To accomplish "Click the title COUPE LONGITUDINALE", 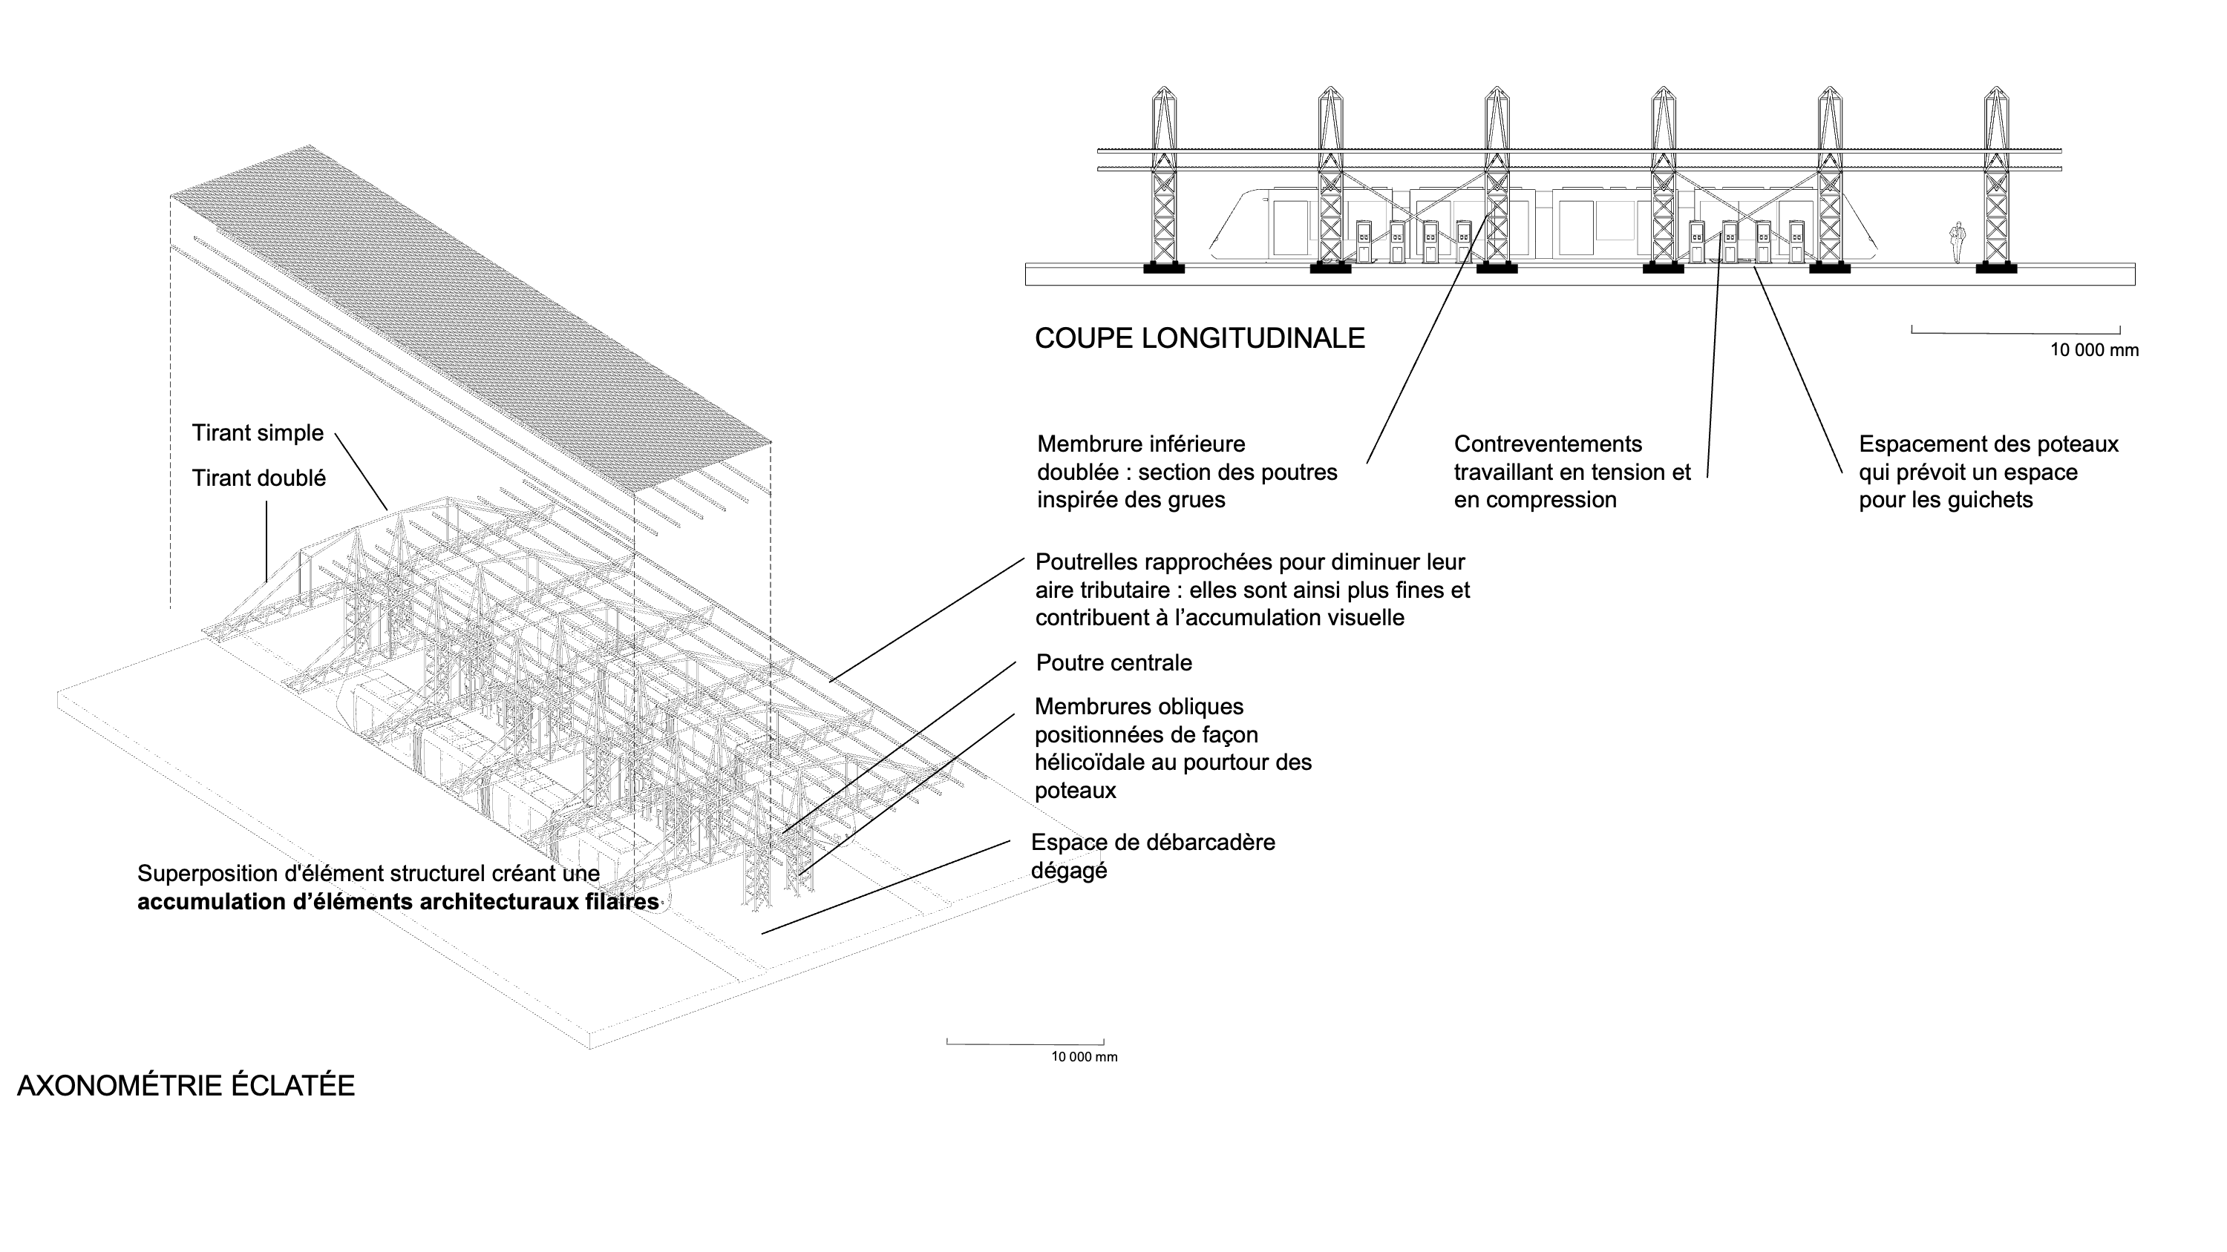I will [x=1199, y=337].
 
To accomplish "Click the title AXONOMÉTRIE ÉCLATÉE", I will [x=186, y=1086].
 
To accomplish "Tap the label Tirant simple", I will [x=258, y=433].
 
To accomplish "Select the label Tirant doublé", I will [x=258, y=478].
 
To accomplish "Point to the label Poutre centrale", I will [x=1113, y=663].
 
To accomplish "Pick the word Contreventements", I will [x=1548, y=444].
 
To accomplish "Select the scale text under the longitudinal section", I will [x=2094, y=350].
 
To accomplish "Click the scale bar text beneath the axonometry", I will [x=1083, y=1057].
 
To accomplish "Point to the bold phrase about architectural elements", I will [x=398, y=902].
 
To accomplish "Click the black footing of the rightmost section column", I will [x=1995, y=268].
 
